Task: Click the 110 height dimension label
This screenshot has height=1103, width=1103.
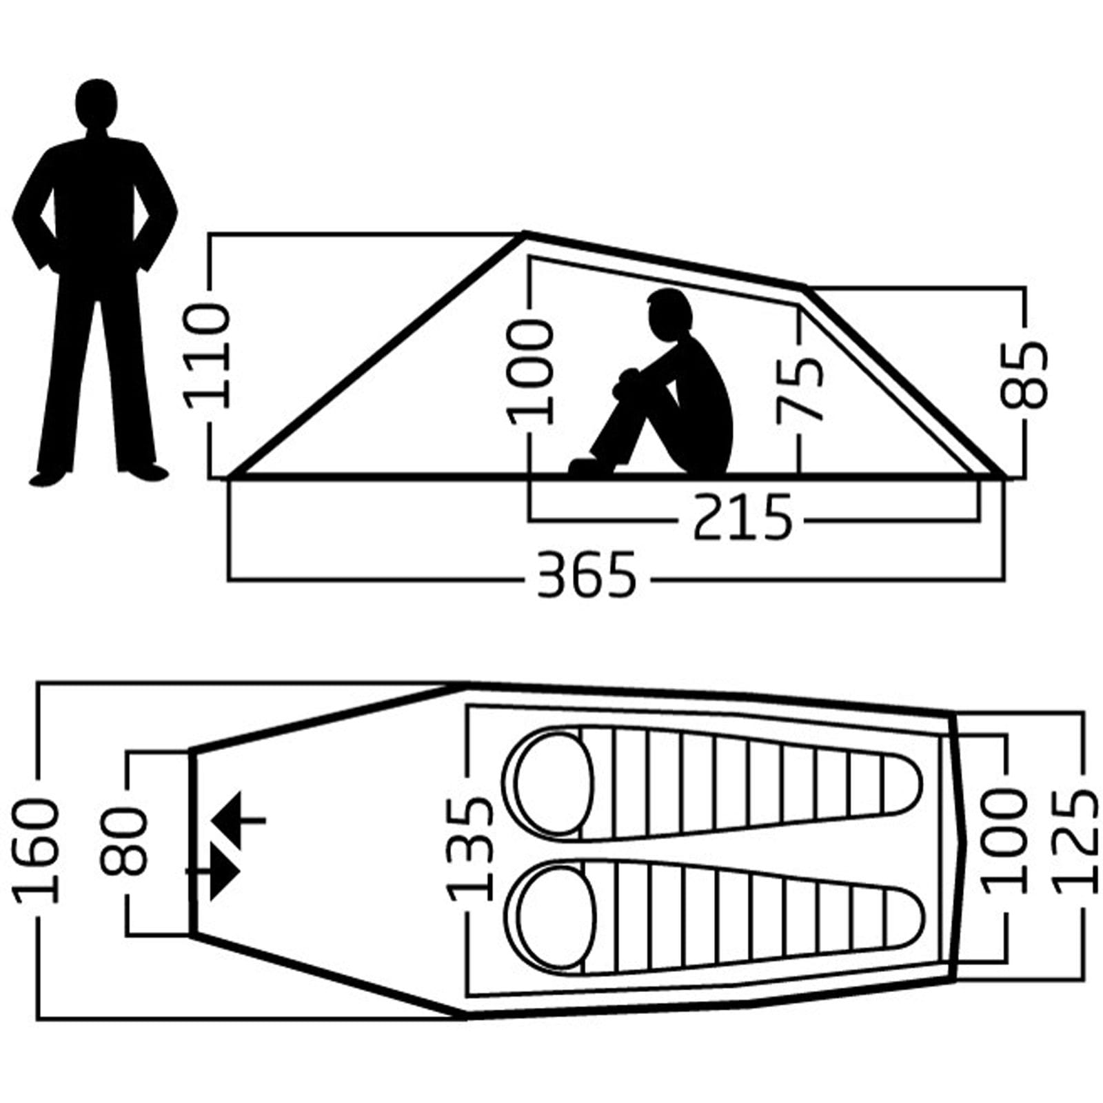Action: click(205, 356)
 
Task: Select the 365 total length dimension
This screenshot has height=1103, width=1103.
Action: click(587, 574)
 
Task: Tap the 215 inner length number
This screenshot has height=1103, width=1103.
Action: click(743, 516)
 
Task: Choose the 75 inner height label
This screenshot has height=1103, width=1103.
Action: click(801, 389)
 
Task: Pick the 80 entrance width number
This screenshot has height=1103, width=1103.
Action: click(125, 842)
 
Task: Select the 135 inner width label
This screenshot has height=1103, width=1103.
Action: click(472, 849)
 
